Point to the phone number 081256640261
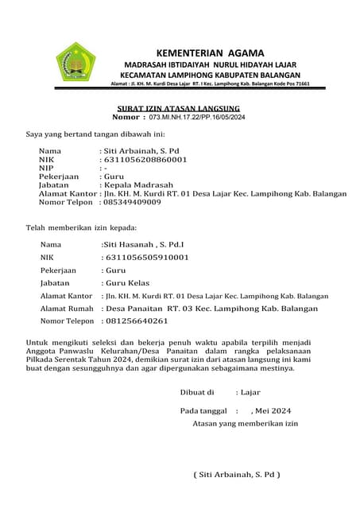coord(136,321)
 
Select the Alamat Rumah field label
coord(67,309)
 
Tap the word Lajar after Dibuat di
coord(250,392)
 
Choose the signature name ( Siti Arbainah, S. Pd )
coord(238,474)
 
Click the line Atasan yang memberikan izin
coord(245,424)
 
